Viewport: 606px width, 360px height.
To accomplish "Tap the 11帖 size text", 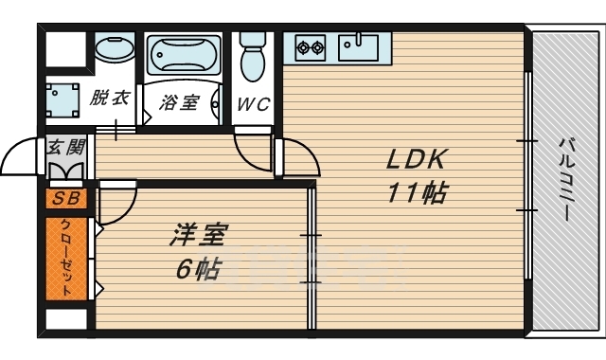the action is click(416, 193).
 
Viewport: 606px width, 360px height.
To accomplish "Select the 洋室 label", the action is click(198, 233).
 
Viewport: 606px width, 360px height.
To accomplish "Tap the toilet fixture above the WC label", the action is click(253, 57).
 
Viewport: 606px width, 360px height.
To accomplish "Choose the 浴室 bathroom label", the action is click(179, 101).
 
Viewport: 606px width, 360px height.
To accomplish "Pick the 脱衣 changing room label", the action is click(111, 97).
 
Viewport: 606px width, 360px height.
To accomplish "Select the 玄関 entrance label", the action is click(65, 147).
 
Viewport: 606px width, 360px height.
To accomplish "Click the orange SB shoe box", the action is click(66, 199).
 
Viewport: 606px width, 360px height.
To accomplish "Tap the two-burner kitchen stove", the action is click(311, 45).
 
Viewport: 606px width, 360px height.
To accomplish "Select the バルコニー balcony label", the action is click(565, 180).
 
